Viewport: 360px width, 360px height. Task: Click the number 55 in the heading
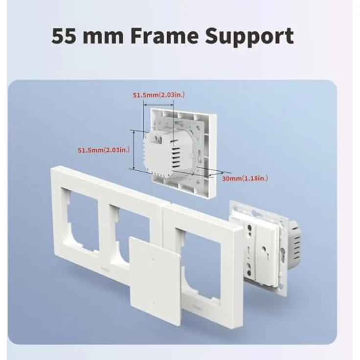point(64,36)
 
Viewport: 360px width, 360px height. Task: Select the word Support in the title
point(249,38)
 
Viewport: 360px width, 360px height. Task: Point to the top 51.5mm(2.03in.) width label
point(158,95)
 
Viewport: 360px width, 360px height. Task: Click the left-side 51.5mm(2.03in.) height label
point(104,150)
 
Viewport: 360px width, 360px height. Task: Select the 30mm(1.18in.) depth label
point(245,179)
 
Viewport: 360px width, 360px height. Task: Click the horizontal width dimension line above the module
point(158,105)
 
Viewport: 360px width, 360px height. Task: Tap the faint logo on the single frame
point(197,307)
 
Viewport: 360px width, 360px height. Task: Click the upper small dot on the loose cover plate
point(153,259)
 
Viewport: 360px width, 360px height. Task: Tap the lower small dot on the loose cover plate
point(153,303)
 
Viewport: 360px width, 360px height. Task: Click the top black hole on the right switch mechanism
point(249,228)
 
